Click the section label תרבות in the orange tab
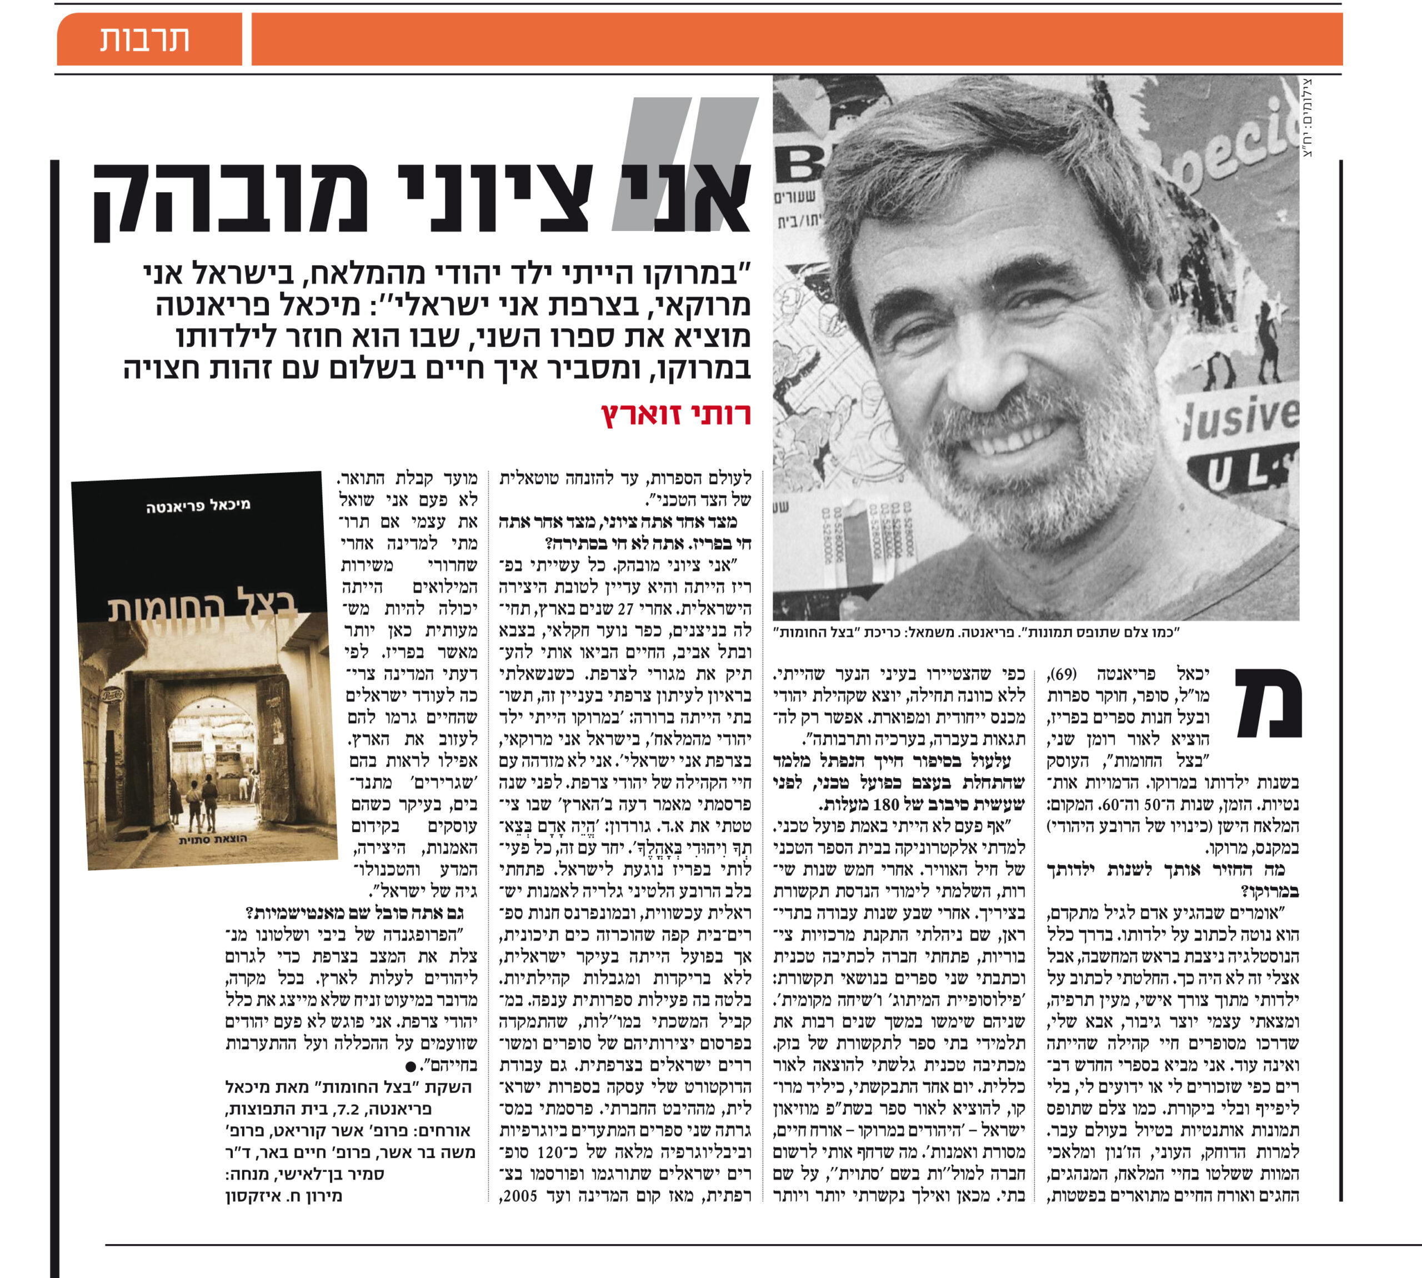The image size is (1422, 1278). pyautogui.click(x=144, y=39)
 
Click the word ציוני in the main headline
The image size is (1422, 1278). pyautogui.click(x=495, y=199)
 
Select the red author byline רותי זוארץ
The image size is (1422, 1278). pyautogui.click(x=675, y=415)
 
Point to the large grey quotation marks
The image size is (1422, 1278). pyautogui.click(x=685, y=164)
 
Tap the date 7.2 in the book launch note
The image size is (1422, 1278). pyautogui.click(x=348, y=1110)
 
